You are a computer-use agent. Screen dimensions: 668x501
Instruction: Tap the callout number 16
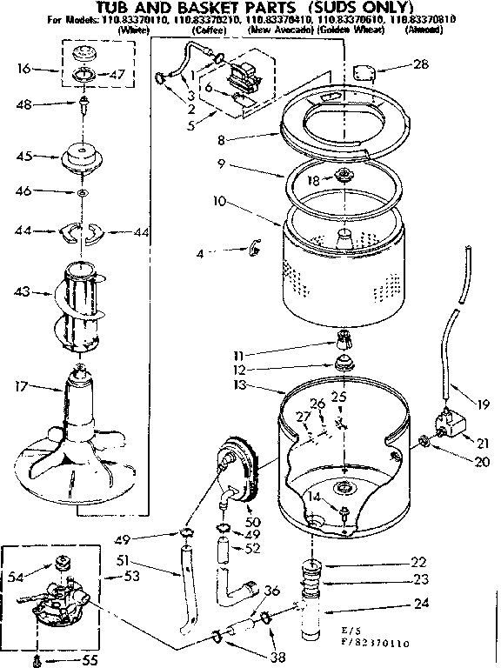tap(23, 67)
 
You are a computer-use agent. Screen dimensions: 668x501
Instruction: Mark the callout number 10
tap(220, 201)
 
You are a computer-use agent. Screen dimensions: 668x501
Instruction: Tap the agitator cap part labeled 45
tap(83, 159)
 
